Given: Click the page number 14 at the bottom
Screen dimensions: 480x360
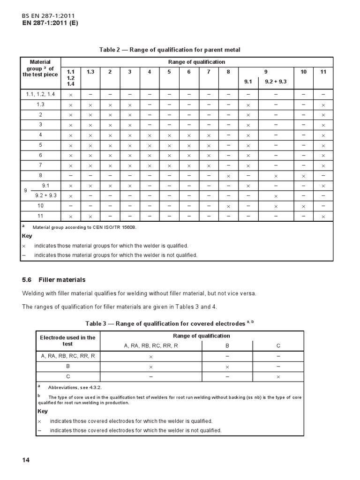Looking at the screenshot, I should (26, 460).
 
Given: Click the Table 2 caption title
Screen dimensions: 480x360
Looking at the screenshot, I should (170, 50).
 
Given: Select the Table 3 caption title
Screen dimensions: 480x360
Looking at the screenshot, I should (169, 323).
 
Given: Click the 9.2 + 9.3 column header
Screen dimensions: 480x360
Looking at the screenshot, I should (276, 81).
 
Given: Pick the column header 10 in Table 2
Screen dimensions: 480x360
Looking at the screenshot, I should (304, 72).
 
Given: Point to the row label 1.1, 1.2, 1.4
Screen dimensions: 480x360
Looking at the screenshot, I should (40, 94).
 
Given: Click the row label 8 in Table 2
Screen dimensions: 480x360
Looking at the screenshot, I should (40, 176).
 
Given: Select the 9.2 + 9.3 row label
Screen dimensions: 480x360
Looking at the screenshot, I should (45, 195).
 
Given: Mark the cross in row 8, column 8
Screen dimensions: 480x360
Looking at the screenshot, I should (228, 176).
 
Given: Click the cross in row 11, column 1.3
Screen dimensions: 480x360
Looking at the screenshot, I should (90, 216).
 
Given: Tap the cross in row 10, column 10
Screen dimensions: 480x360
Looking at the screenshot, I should (304, 206).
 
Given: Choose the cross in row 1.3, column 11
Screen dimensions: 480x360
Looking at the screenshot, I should (323, 105).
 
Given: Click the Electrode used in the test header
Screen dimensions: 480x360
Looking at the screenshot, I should (67, 340).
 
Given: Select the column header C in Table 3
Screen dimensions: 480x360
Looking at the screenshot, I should (278, 345).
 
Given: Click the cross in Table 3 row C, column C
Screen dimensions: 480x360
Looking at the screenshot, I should (278, 376).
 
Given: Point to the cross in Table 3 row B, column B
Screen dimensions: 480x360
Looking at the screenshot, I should (227, 366).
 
